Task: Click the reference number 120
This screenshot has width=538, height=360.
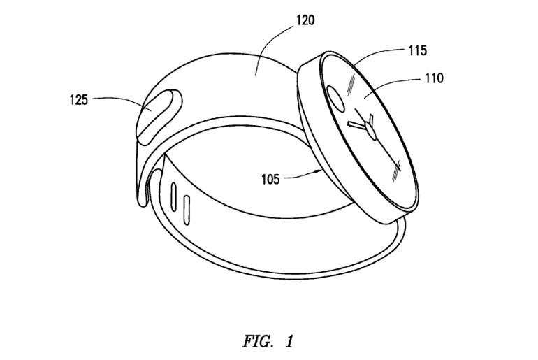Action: pyautogui.click(x=305, y=20)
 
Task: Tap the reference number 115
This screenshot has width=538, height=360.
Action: pyautogui.click(x=418, y=51)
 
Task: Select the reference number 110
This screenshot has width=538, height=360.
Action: pyautogui.click(x=434, y=78)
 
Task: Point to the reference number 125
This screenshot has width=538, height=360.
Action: pyautogui.click(x=79, y=100)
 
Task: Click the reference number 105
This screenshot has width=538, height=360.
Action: pyautogui.click(x=270, y=179)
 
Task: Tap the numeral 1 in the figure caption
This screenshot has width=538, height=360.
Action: pyautogui.click(x=289, y=341)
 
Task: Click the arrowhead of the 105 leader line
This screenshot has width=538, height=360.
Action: pyautogui.click(x=319, y=171)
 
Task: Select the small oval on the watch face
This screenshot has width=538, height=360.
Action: pyautogui.click(x=335, y=99)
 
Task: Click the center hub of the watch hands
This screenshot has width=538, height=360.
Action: pyautogui.click(x=371, y=131)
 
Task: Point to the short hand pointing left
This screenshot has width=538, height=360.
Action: pyautogui.click(x=357, y=126)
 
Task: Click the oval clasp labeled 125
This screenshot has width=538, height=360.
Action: pyautogui.click(x=159, y=116)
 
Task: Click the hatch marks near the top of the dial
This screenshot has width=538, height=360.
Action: pyautogui.click(x=351, y=85)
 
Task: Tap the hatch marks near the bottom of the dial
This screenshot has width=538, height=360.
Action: pyautogui.click(x=397, y=171)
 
